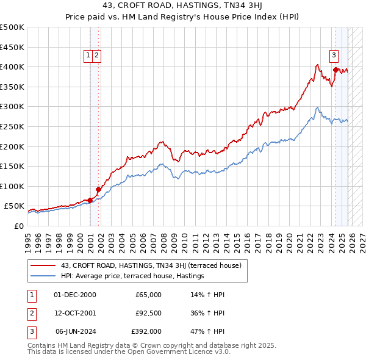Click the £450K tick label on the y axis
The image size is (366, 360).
pos(12,47)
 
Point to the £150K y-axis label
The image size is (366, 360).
pos(12,166)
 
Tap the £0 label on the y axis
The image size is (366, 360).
pos(18,226)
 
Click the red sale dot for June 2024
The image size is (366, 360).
pos(335,70)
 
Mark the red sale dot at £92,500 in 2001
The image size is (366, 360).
pos(98,189)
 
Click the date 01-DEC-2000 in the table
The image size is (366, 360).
pos(74,295)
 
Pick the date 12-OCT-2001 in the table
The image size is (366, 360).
pos(74,313)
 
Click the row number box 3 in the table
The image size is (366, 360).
pos(31,331)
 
